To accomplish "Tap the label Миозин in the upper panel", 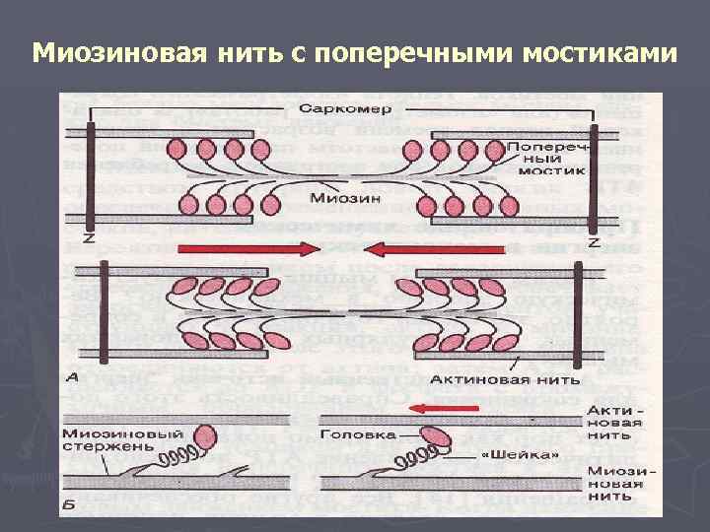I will pyautogui.click(x=340, y=196).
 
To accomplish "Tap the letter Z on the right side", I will pyautogui.click(x=593, y=241).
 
